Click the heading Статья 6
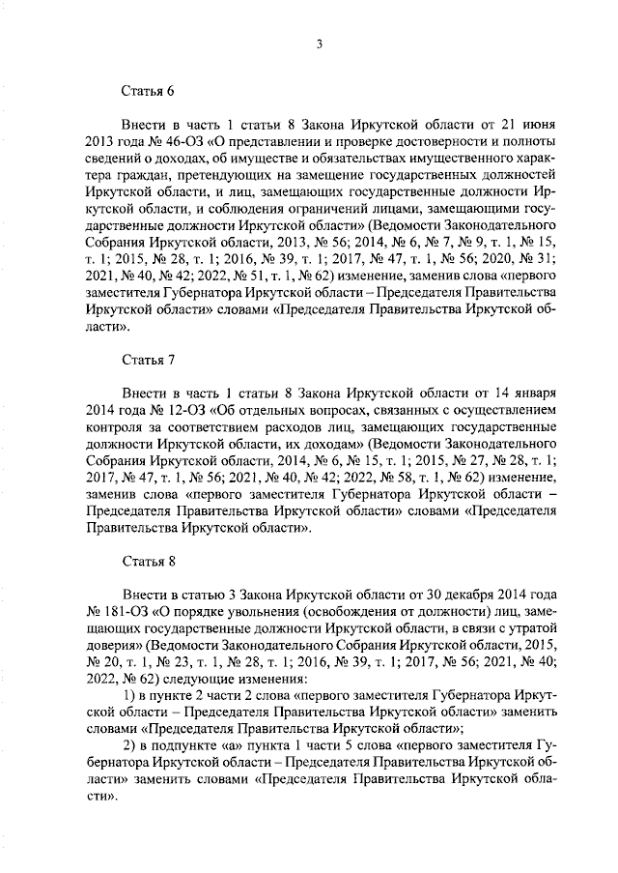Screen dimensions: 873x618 [148, 92]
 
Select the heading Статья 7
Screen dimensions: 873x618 [148, 360]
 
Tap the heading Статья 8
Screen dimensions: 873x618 [148, 562]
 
